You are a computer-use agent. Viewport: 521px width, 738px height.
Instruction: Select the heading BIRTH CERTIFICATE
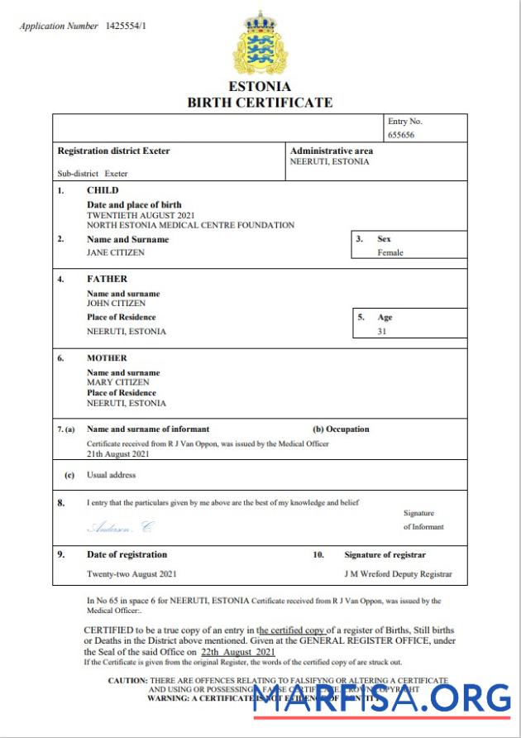pyautogui.click(x=260, y=103)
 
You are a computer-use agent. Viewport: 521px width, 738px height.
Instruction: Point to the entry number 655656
pyautogui.click(x=404, y=134)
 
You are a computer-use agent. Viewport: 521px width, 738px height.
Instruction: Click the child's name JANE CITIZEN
pyautogui.click(x=116, y=252)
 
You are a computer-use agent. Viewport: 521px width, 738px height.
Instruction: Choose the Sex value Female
pyautogui.click(x=390, y=252)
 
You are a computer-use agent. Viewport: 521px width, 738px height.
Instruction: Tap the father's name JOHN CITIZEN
pyautogui.click(x=116, y=304)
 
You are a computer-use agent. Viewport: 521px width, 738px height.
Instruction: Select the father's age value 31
pyautogui.click(x=382, y=331)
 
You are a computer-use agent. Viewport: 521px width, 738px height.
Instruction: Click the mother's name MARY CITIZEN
pyautogui.click(x=118, y=382)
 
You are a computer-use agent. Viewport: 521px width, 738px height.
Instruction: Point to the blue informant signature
pyautogui.click(x=121, y=527)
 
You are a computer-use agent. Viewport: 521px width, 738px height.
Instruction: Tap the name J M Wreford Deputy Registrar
pyautogui.click(x=398, y=573)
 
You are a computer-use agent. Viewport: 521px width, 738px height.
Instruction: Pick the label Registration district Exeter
pyautogui.click(x=113, y=151)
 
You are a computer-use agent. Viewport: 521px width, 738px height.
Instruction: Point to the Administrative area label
pyautogui.click(x=331, y=151)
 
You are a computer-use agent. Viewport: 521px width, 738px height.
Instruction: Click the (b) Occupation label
pyautogui.click(x=341, y=429)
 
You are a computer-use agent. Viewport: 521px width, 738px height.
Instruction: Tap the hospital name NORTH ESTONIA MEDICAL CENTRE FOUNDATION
pyautogui.click(x=190, y=225)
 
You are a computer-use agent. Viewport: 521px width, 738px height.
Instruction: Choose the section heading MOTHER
pyautogui.click(x=107, y=358)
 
